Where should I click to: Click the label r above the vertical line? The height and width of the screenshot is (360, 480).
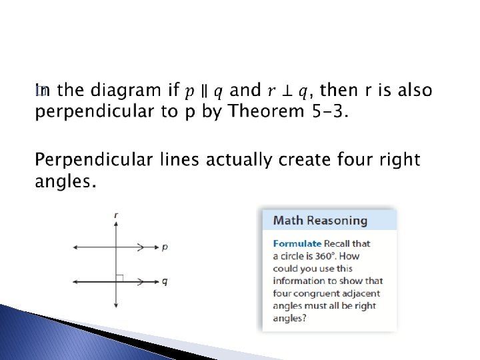[x=117, y=215]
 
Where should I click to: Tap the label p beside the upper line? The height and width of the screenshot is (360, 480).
[x=165, y=247]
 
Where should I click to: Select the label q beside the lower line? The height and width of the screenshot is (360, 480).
[x=165, y=281]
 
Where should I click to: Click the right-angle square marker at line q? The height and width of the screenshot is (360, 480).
[x=120, y=278]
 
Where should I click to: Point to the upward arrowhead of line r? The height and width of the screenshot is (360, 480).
[x=117, y=225]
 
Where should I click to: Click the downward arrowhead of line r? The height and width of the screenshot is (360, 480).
[x=117, y=305]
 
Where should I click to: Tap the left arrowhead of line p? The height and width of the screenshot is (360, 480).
[x=75, y=247]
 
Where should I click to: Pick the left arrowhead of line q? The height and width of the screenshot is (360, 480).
[x=75, y=282]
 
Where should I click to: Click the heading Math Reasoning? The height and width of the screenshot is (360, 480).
[x=321, y=221]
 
